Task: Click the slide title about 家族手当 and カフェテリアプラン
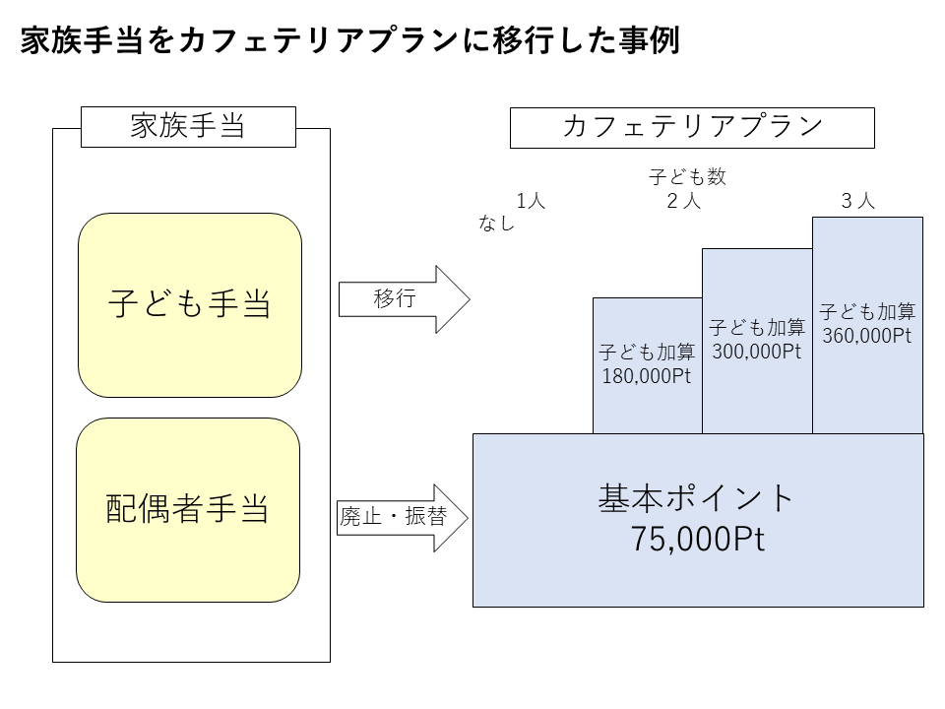(x=349, y=42)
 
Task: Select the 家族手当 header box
(x=188, y=127)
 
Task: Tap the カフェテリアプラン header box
(x=692, y=127)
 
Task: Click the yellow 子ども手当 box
(x=189, y=305)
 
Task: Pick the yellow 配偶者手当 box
(x=188, y=509)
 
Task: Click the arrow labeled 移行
(x=404, y=299)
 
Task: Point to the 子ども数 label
(x=687, y=177)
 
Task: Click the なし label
(x=497, y=223)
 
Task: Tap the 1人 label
(x=531, y=201)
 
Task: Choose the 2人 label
(x=684, y=201)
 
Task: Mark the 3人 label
(x=857, y=201)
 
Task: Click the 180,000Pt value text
(x=647, y=375)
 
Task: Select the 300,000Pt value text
(x=756, y=352)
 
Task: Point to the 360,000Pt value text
(x=866, y=335)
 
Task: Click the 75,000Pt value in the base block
(x=697, y=540)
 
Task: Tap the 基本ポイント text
(x=697, y=498)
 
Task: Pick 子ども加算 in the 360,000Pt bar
(x=867, y=312)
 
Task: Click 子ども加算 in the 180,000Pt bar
(x=647, y=353)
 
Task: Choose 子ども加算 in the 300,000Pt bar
(x=756, y=328)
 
